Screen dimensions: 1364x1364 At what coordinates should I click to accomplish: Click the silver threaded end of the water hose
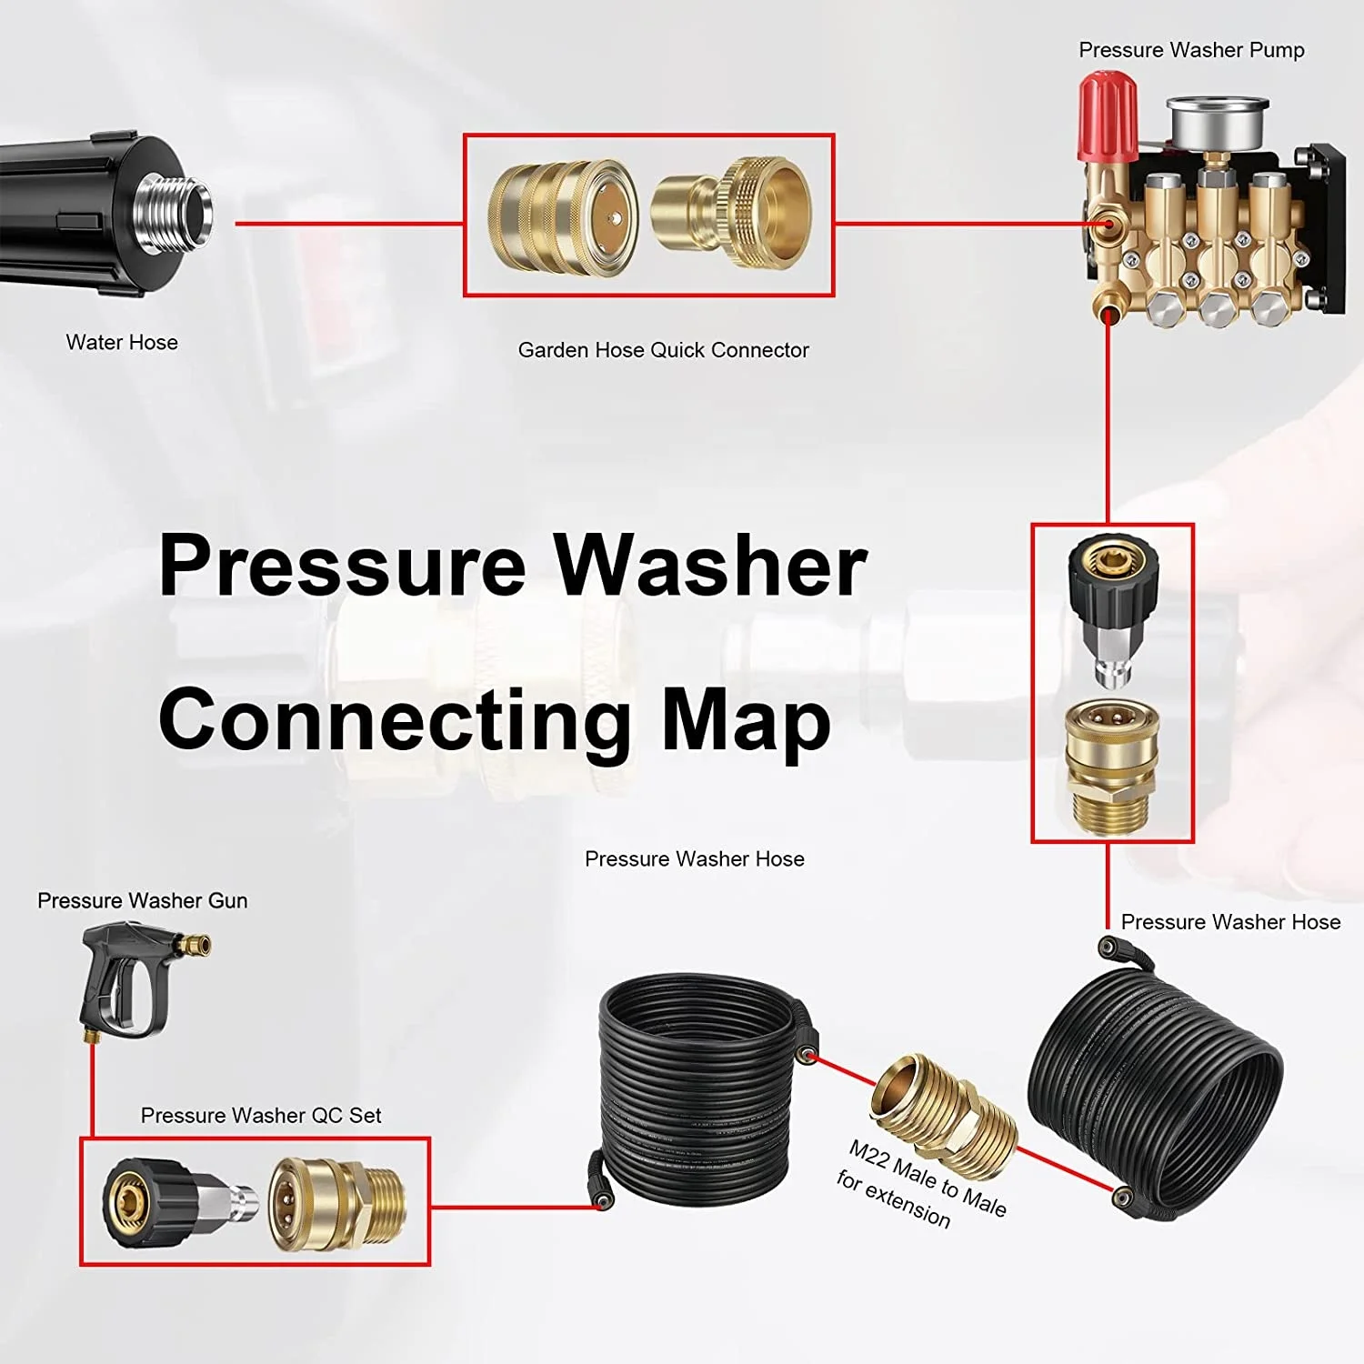(175, 211)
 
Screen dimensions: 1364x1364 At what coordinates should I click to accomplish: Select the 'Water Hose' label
(122, 343)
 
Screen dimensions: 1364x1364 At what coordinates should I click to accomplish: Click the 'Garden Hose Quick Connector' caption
(663, 350)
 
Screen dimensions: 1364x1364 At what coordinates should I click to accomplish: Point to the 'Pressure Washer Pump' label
(1191, 50)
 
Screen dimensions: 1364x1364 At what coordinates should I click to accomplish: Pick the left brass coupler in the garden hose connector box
(560, 218)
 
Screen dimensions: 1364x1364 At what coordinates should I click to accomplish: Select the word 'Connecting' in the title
(395, 720)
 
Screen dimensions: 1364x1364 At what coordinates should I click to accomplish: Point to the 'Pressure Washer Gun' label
(142, 900)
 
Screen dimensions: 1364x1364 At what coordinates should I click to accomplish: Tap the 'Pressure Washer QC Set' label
(261, 1116)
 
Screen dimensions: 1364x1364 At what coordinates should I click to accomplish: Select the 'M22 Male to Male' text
(928, 1178)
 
